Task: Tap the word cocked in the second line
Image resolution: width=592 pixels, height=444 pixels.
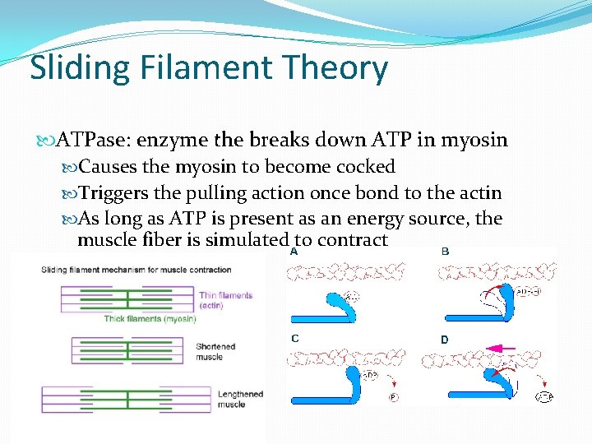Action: [366, 167]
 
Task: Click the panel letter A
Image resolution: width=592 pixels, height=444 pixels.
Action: [294, 252]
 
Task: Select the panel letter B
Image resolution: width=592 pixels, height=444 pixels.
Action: [445, 252]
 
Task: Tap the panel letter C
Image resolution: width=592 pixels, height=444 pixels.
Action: [294, 338]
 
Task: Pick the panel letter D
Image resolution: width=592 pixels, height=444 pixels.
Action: [445, 339]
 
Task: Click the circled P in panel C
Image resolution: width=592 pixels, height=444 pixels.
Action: [393, 397]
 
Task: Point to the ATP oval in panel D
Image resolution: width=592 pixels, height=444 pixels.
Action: [544, 398]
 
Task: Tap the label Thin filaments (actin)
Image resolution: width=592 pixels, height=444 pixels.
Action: [225, 300]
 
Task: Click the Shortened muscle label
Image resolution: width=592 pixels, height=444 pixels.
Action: [215, 351]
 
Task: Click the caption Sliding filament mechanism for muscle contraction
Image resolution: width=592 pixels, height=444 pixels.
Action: [136, 270]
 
